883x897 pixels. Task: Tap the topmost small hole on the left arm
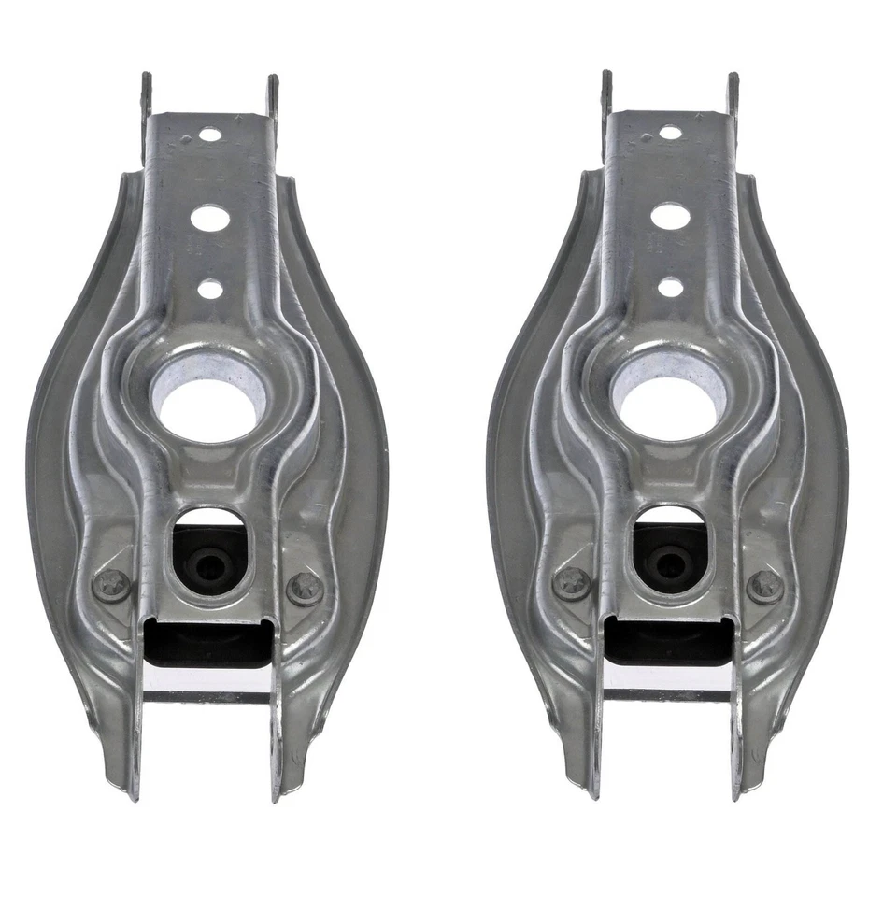[x=210, y=135]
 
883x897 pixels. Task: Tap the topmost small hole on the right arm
[x=670, y=133]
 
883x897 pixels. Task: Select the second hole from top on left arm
[x=209, y=219]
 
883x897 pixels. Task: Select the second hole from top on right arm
[x=670, y=216]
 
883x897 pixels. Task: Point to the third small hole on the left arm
[x=210, y=289]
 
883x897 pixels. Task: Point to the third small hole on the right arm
[x=670, y=287]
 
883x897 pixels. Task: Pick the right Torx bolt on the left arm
[x=306, y=588]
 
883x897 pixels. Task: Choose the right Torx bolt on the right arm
[x=765, y=586]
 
